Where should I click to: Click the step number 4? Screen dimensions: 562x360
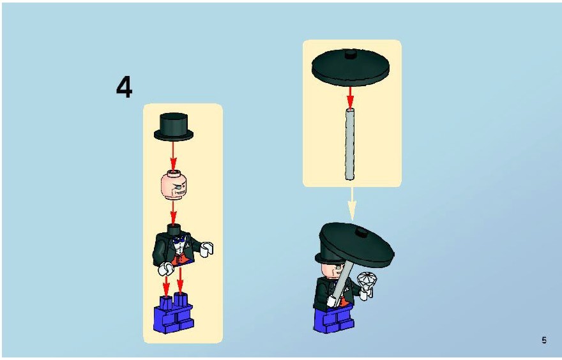(124, 87)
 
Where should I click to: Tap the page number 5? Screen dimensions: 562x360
(544, 340)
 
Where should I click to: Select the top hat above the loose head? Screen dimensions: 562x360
(174, 127)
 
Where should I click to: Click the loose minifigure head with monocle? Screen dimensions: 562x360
(174, 185)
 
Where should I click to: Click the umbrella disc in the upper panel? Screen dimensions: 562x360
(351, 68)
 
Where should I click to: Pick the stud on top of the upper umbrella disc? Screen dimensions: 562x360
(351, 54)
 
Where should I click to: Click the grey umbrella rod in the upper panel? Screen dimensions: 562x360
(349, 143)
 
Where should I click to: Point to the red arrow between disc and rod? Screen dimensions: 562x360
(350, 97)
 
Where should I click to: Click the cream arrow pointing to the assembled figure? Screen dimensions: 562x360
(352, 204)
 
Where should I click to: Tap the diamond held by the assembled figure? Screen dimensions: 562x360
(367, 280)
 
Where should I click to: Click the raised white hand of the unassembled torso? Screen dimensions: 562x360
(207, 250)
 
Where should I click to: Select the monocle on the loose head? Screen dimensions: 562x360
(179, 186)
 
